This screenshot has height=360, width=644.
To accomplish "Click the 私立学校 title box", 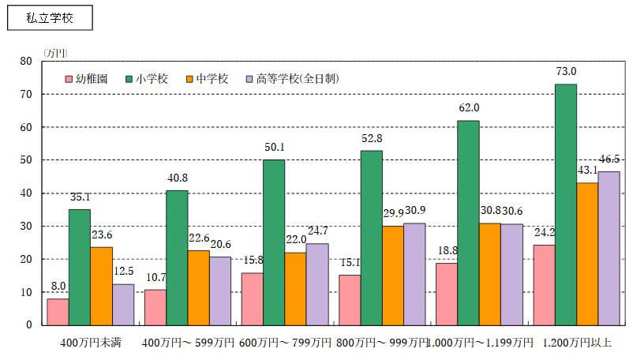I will [50, 18].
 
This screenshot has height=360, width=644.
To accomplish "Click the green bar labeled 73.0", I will [565, 204].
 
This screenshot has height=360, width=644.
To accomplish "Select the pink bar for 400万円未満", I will [58, 311].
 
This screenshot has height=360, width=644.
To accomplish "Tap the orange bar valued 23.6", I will [101, 286].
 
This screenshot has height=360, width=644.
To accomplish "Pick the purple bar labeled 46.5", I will [608, 248].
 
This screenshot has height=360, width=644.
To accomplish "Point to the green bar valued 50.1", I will [274, 242].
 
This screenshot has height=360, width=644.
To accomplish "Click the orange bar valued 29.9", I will [392, 276].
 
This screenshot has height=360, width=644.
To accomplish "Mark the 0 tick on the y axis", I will [28, 325].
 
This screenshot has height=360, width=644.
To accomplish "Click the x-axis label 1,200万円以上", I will [579, 343].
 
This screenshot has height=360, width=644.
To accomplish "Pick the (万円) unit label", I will [56, 53].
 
